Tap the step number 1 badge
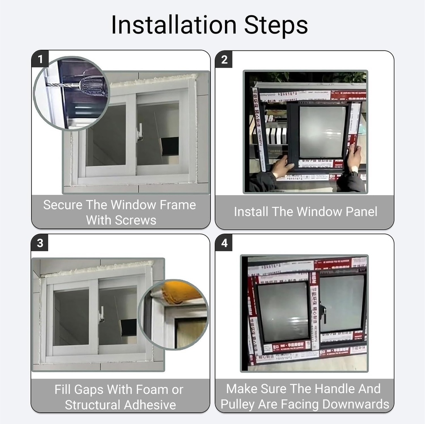40,59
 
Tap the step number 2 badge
224,59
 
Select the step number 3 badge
40,243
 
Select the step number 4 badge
224,243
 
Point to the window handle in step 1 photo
140,132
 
